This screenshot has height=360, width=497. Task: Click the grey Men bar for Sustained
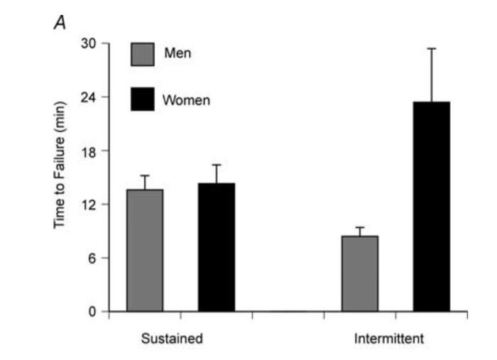tap(145, 250)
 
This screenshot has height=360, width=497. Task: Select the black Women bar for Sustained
tap(217, 247)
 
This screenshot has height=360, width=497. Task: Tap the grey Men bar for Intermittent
tap(360, 273)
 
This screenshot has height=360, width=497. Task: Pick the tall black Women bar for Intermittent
tap(432, 206)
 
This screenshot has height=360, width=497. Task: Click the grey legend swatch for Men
tap(142, 54)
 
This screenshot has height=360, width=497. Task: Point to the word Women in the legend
tap(186, 100)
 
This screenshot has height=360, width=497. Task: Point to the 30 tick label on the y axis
tap(92, 43)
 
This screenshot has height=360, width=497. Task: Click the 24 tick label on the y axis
tap(92, 97)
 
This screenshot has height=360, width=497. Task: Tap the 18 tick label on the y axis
tap(92, 151)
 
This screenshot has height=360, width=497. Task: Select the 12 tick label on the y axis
tap(92, 204)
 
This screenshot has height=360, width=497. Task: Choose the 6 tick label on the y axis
tap(95, 258)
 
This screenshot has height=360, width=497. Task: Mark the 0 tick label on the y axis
tap(95, 311)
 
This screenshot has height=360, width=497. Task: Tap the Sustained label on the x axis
tap(171, 339)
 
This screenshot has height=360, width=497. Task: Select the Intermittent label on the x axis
tap(389, 339)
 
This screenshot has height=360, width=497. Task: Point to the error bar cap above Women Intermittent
tap(432, 48)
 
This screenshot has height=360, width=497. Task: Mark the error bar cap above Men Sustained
tap(145, 175)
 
